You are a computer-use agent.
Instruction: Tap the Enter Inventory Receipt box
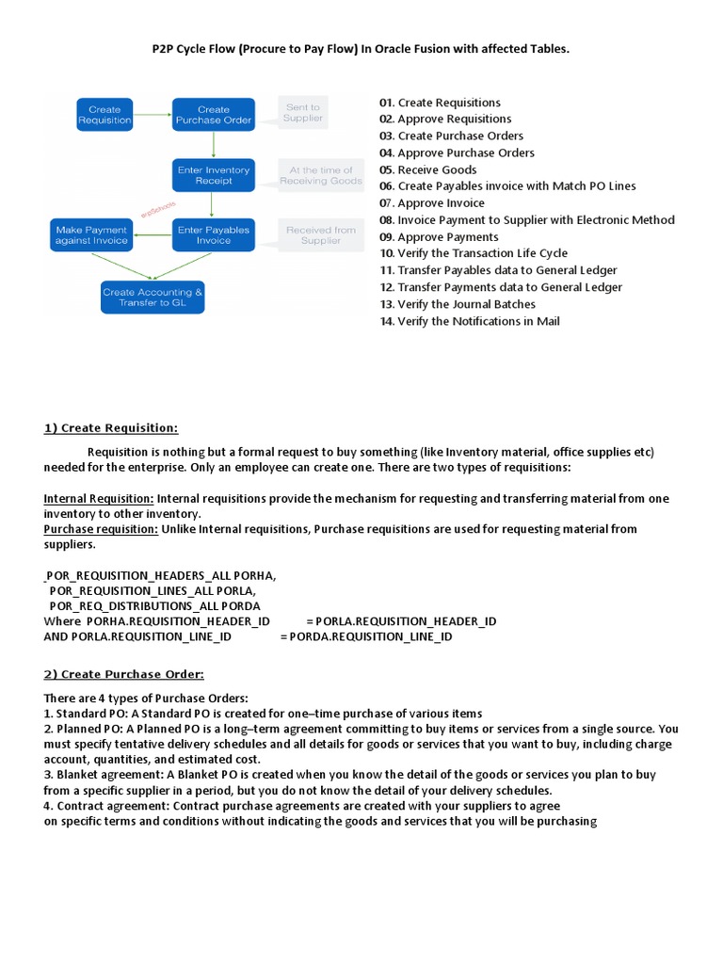pos(214,175)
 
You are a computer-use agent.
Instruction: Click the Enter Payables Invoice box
pos(214,235)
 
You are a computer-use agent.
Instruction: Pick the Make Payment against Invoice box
pos(90,235)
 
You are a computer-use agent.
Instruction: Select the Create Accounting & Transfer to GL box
pos(152,297)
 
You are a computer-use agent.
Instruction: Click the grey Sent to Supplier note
pos(303,113)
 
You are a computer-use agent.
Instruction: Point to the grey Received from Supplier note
pos(321,235)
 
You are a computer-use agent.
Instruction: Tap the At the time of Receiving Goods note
pos(321,175)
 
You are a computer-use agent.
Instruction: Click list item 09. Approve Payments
pos(439,237)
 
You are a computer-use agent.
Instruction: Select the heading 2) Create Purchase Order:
pos(123,674)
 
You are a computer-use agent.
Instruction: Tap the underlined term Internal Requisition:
pos(99,498)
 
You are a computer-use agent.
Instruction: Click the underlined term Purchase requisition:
pos(101,529)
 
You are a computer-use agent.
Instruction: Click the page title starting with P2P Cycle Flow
pos(361,48)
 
